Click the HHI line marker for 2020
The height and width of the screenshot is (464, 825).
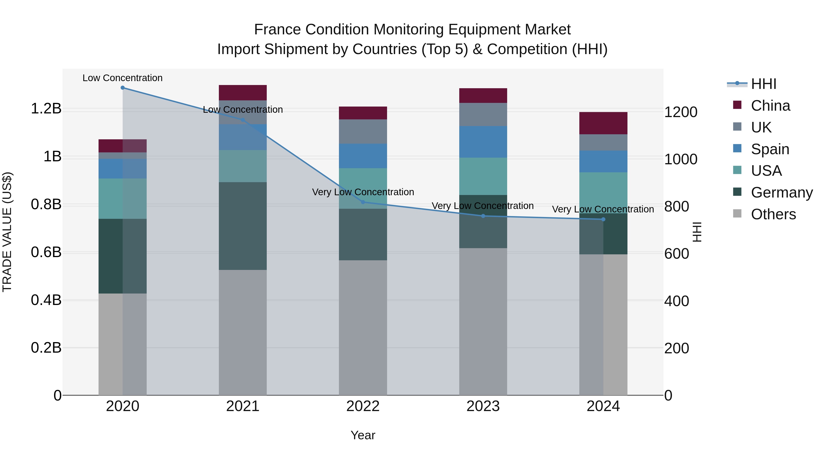coord(123,88)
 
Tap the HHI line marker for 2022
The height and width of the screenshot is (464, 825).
coord(363,202)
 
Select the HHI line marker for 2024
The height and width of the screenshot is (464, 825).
coord(603,219)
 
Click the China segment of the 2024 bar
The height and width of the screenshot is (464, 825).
coord(603,123)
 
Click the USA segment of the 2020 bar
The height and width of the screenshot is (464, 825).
coord(123,198)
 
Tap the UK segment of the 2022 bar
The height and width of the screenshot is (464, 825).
coord(363,132)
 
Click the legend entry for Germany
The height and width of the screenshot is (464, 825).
coord(781,192)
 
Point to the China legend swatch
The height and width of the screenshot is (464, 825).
coord(737,105)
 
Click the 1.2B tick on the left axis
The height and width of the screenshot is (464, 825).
coord(46,109)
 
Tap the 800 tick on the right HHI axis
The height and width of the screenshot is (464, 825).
coord(676,206)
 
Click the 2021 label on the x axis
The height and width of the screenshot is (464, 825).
coord(243,406)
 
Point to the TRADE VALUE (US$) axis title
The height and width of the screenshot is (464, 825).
coord(7,232)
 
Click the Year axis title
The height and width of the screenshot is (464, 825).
coord(363,435)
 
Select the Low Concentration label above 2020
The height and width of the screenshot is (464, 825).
coord(123,78)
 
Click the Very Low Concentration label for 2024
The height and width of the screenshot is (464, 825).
coord(603,209)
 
